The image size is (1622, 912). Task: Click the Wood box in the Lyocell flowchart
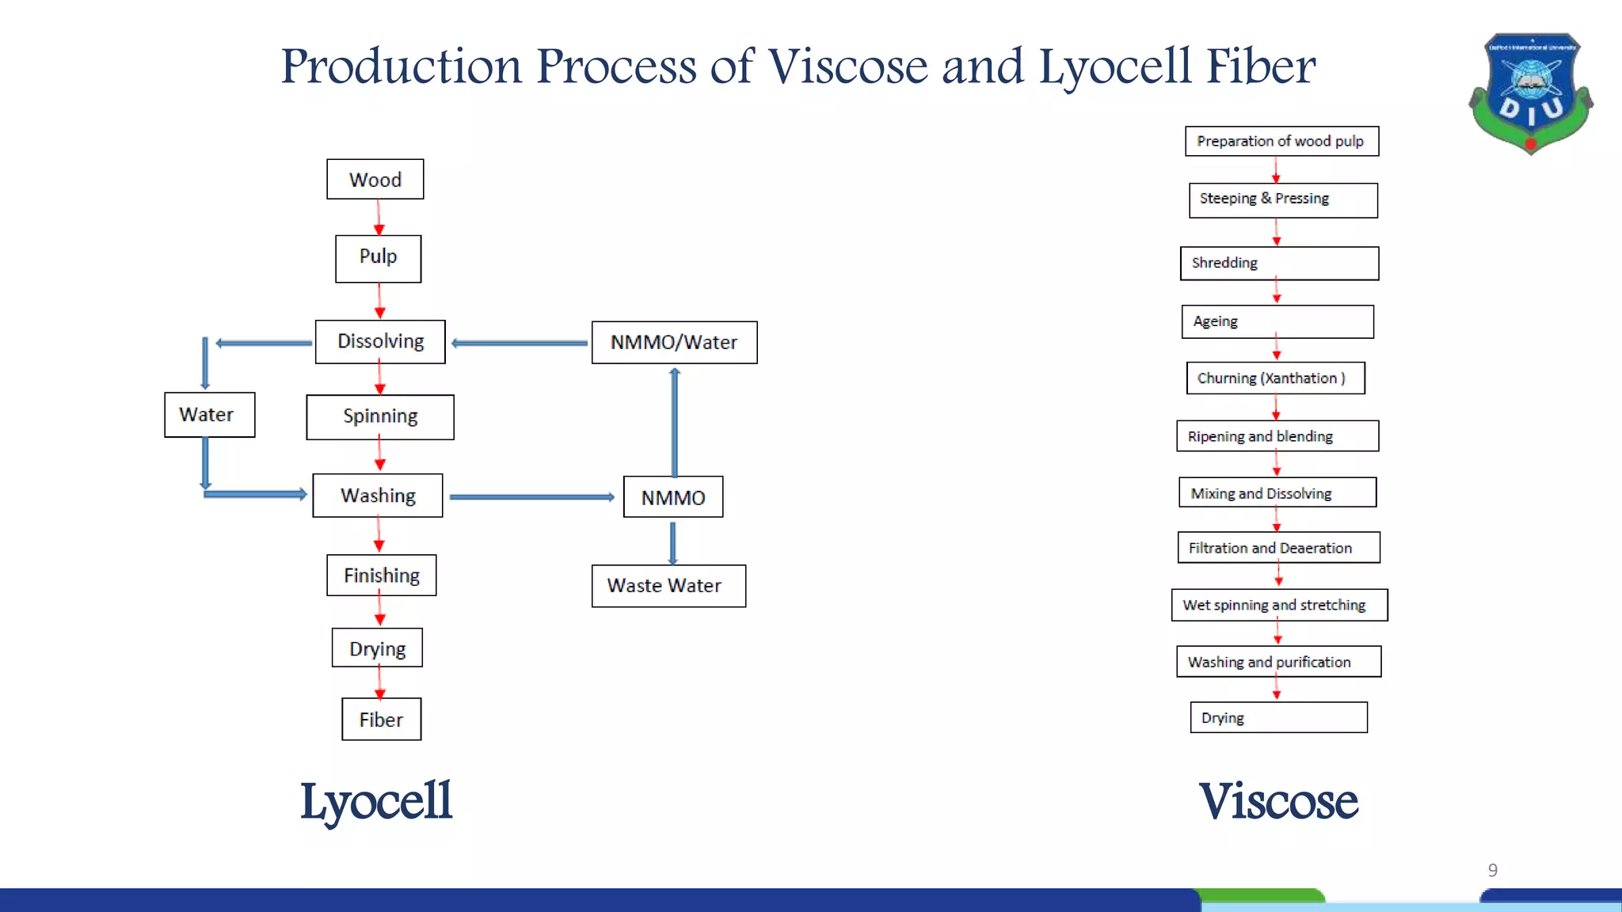click(375, 180)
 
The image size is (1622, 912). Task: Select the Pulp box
click(378, 258)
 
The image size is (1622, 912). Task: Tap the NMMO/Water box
click(674, 342)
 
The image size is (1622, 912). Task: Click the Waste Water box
click(668, 586)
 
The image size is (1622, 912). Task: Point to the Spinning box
click(380, 416)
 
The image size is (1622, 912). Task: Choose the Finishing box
click(381, 576)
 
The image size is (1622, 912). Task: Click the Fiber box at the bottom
click(381, 719)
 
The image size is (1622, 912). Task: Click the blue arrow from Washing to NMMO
click(531, 497)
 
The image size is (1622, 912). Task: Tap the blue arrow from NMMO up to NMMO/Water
click(675, 424)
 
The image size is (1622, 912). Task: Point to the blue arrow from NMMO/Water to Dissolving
click(519, 344)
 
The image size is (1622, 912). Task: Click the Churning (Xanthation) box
click(1275, 378)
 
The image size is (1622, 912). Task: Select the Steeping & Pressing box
click(1283, 199)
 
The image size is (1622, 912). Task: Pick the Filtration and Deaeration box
click(1278, 548)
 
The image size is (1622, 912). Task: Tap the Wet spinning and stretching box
click(1279, 605)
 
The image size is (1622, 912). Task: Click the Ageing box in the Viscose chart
click(1277, 321)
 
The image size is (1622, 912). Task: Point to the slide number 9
click(1492, 870)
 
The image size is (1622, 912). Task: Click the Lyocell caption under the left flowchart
click(376, 801)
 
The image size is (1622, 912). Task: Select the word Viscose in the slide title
click(848, 66)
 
